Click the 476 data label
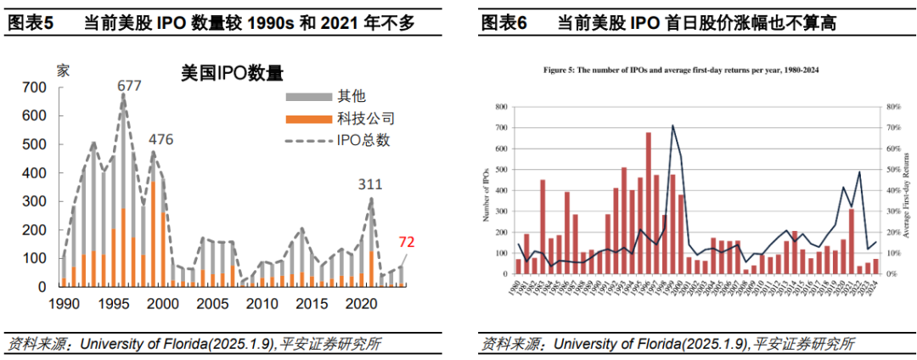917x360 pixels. pyautogui.click(x=161, y=139)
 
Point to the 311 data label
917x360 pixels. pyautogui.click(x=369, y=183)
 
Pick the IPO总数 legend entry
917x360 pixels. pyautogui.click(x=363, y=140)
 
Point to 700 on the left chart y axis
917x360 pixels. pyautogui.click(x=34, y=87)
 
